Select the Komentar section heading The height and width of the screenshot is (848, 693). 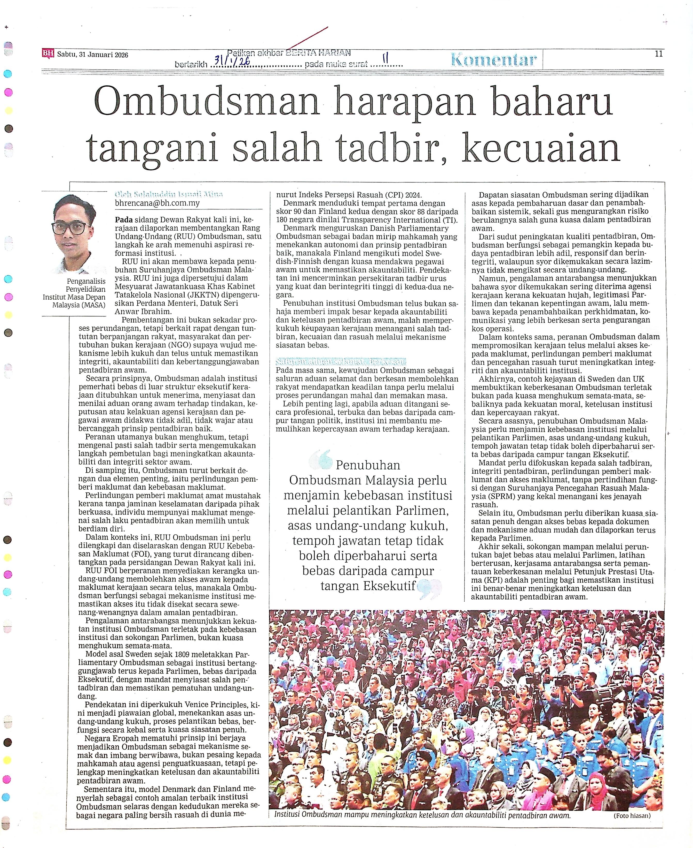tap(494, 60)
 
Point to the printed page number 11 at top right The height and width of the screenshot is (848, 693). tap(659, 54)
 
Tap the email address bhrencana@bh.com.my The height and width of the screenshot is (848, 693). tap(157, 203)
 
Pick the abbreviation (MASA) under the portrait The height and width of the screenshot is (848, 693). tap(93, 305)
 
